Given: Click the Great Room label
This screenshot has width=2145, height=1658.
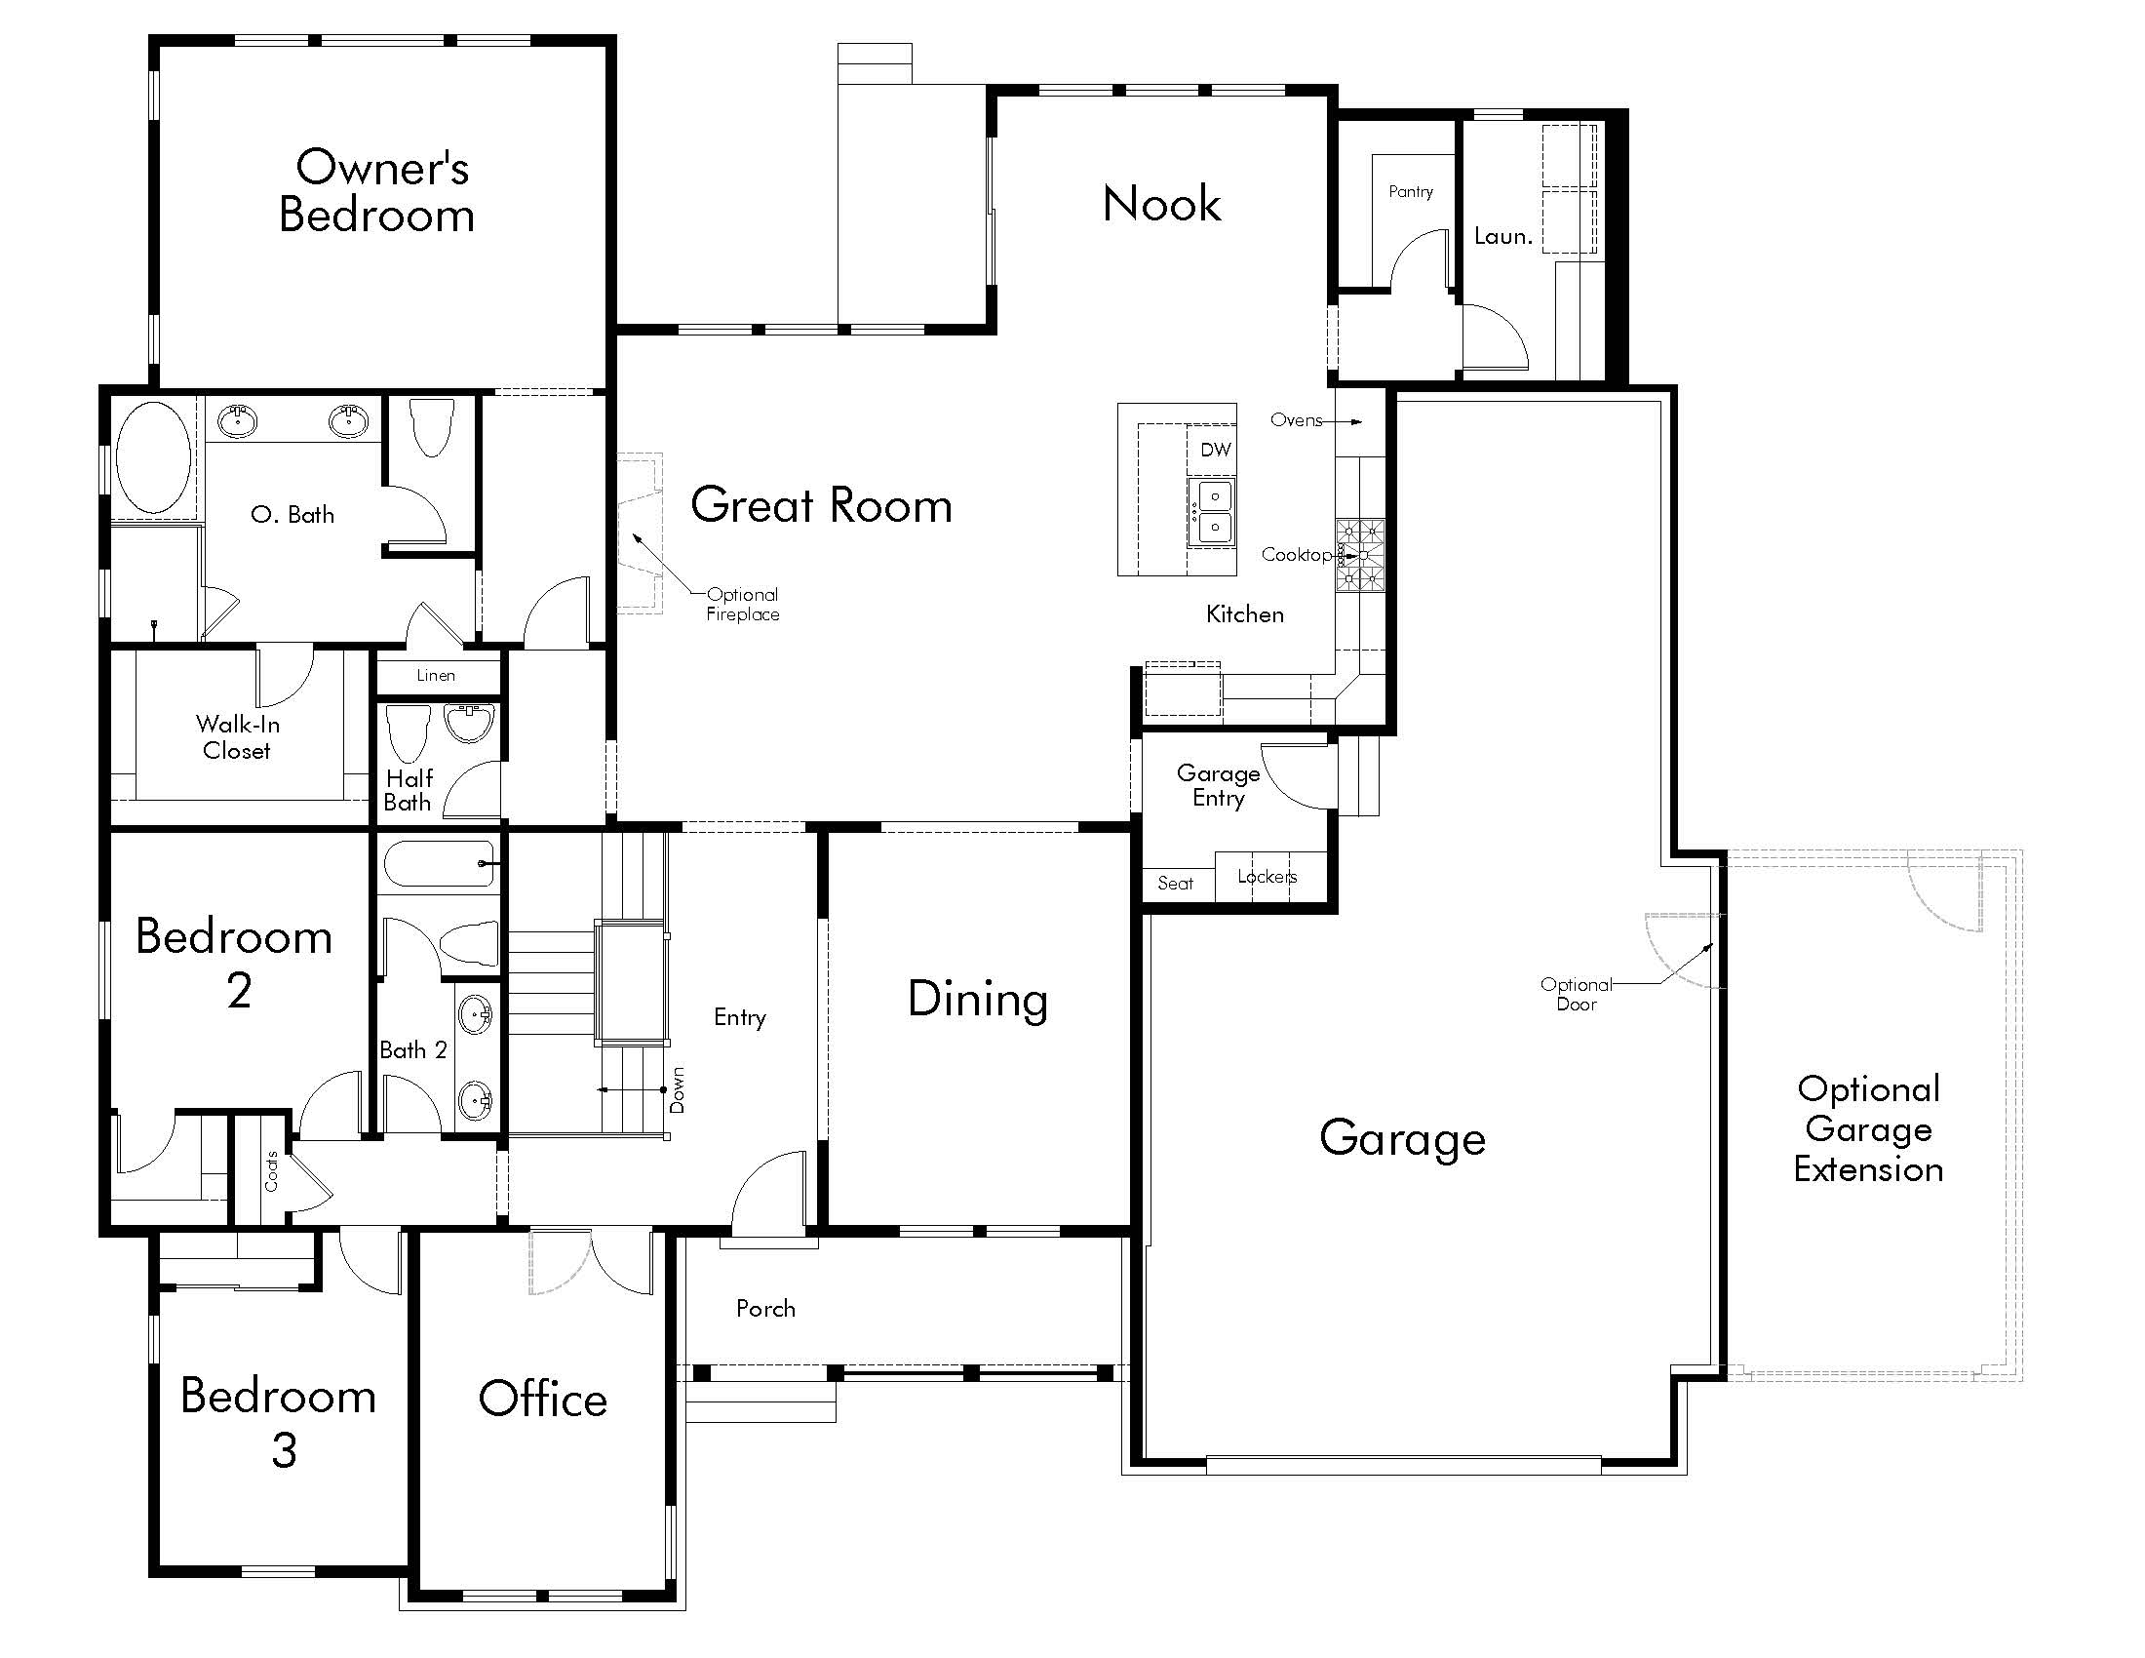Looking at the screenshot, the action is click(821, 506).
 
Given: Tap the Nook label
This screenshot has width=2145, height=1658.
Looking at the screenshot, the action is click(1162, 204).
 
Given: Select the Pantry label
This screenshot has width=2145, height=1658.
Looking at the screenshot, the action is click(1411, 191).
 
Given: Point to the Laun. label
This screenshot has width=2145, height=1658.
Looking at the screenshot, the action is click(1502, 236).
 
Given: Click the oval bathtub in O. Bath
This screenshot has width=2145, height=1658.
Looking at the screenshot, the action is click(153, 456).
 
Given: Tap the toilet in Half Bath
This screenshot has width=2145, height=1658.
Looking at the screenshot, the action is click(409, 731).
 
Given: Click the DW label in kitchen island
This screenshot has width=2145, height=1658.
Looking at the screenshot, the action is click(1216, 450).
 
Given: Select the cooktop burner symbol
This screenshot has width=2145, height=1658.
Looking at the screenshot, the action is click(1360, 556).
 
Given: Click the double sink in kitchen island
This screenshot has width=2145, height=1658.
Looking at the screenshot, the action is click(1212, 512).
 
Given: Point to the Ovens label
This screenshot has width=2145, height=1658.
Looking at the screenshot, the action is click(1297, 420).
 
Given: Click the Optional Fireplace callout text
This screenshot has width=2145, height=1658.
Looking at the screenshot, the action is click(743, 604).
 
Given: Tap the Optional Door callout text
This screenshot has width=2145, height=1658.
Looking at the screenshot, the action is click(1577, 994).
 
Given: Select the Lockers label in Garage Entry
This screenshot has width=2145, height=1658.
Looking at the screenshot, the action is click(1267, 876).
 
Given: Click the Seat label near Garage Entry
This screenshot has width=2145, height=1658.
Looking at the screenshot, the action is click(1175, 883).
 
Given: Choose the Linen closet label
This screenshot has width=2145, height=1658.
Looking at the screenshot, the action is click(436, 675).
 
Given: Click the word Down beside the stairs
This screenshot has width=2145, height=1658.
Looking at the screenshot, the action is click(677, 1090).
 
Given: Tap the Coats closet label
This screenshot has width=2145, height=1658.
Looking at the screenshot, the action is click(271, 1170).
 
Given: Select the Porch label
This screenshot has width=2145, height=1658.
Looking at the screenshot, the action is click(766, 1308).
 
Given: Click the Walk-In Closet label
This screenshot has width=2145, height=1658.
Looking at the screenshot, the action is click(238, 737).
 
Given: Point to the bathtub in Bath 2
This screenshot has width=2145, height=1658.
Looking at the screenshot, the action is click(439, 863).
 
